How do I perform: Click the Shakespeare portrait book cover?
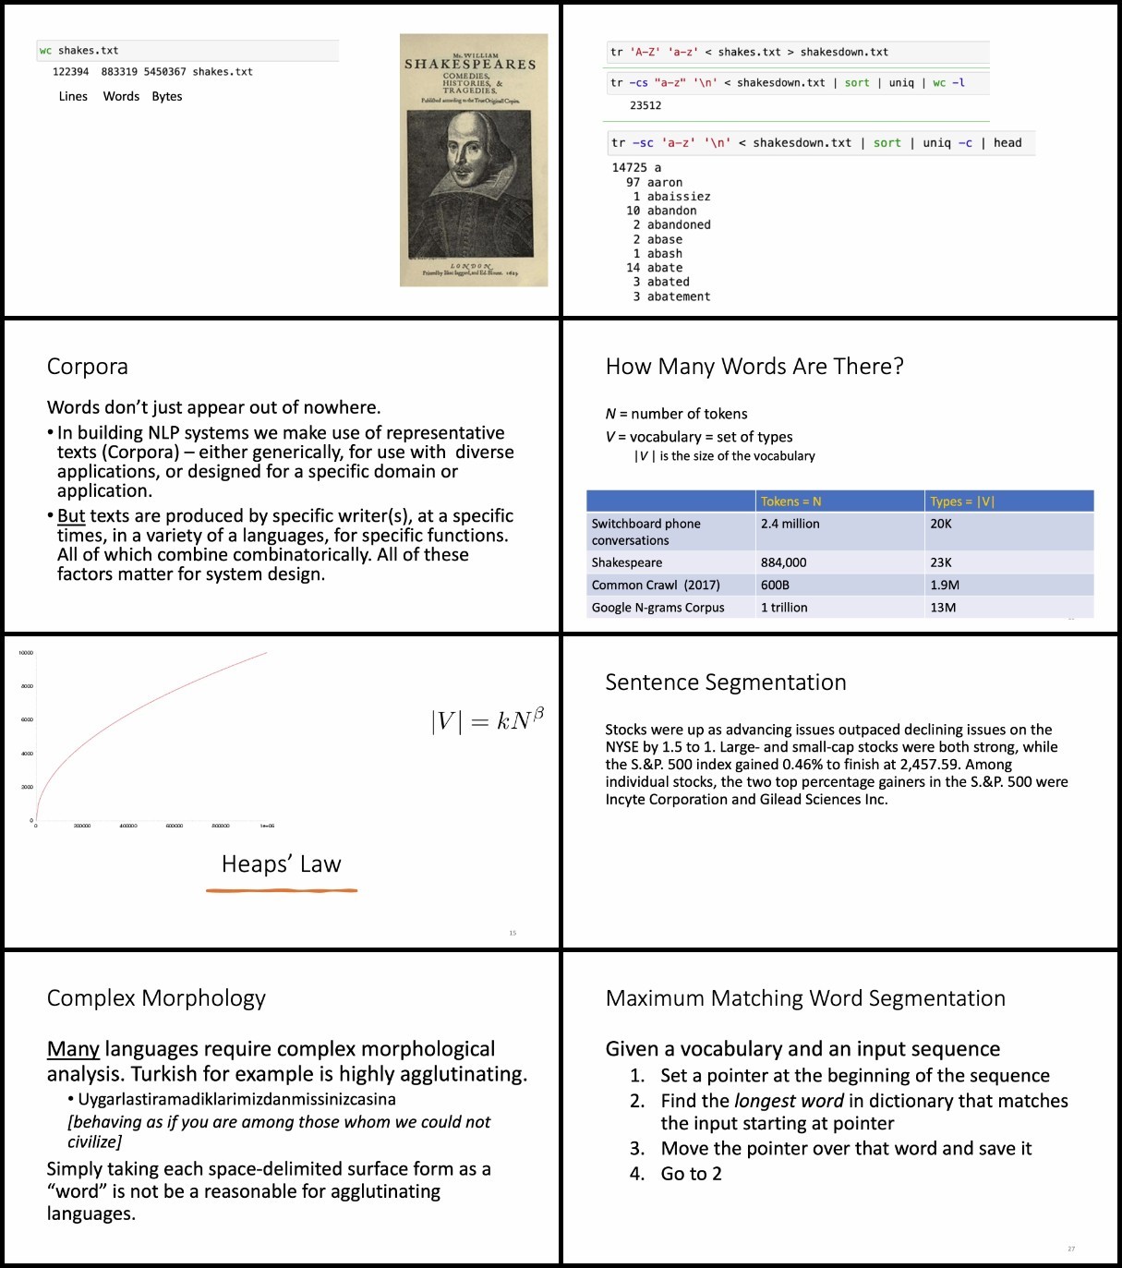point(473,160)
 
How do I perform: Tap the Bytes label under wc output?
point(167,97)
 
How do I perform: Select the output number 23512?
point(645,106)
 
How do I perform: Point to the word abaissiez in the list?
point(679,197)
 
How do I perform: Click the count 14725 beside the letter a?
point(630,168)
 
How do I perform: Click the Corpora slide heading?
point(88,367)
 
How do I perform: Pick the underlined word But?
point(71,516)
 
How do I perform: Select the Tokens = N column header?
point(790,501)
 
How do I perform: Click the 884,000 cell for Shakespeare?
point(783,562)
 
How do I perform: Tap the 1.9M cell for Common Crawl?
point(945,585)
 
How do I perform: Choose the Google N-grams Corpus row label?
point(658,608)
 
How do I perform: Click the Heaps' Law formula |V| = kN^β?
point(488,719)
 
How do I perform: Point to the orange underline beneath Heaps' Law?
point(282,890)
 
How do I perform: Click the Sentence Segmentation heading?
point(726,682)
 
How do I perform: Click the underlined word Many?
point(73,1049)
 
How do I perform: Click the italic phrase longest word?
point(789,1101)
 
